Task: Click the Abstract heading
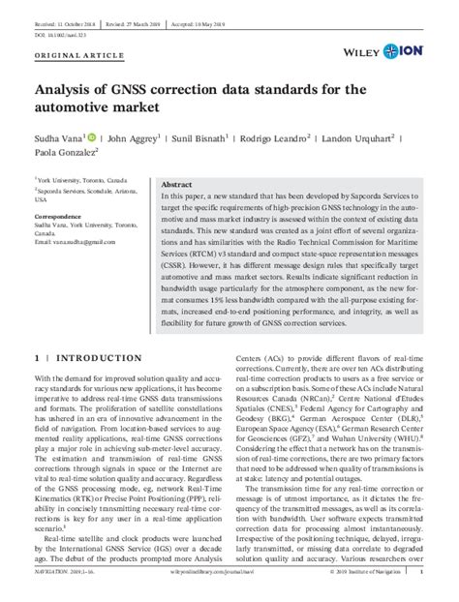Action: pos(176,184)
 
